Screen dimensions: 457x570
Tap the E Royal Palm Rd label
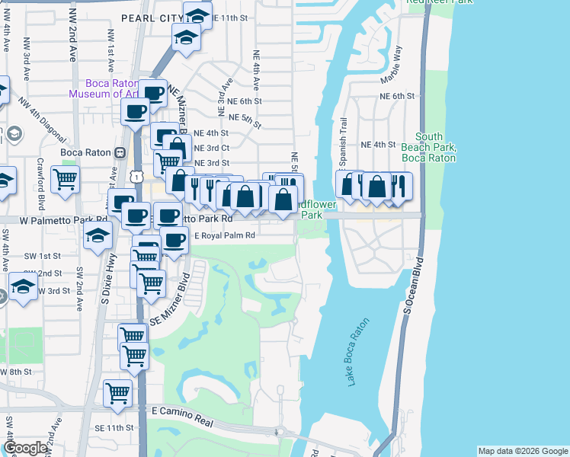click(x=224, y=235)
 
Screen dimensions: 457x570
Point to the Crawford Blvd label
click(x=40, y=176)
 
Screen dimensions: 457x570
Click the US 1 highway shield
click(x=136, y=176)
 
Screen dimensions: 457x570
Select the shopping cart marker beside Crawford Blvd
click(x=65, y=180)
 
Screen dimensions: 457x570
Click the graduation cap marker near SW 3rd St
click(x=23, y=286)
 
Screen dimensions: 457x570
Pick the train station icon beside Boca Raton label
click(x=120, y=152)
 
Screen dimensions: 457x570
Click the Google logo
click(x=25, y=449)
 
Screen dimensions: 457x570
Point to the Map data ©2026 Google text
click(x=522, y=451)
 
